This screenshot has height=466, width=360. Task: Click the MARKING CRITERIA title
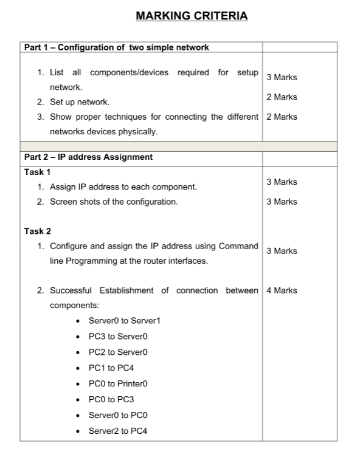click(192, 16)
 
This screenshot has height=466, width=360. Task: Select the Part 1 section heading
click(116, 47)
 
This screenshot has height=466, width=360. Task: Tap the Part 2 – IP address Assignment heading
click(88, 157)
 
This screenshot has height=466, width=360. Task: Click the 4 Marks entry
click(282, 290)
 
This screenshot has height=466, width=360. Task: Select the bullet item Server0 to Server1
click(124, 320)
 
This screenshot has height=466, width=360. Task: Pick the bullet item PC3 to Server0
click(118, 336)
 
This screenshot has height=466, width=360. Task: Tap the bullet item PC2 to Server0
click(118, 352)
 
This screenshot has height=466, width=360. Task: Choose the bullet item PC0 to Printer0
click(118, 383)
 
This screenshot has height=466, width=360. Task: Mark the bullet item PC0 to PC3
click(111, 399)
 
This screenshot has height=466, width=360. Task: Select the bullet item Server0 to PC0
click(118, 415)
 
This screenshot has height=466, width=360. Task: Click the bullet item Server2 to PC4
click(118, 431)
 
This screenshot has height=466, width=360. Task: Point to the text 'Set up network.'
click(79, 102)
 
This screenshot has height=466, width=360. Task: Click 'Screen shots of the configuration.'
click(114, 202)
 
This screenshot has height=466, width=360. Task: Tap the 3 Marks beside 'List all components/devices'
click(282, 77)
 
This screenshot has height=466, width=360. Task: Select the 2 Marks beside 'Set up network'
click(282, 97)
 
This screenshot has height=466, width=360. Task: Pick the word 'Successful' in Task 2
click(71, 290)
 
